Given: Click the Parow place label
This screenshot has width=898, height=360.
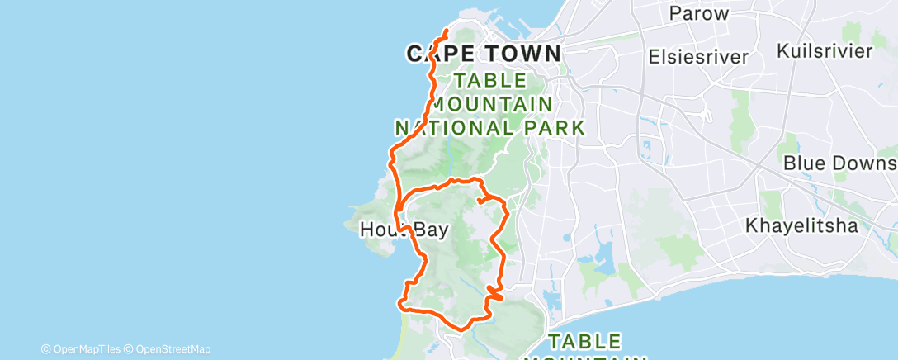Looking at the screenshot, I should [698, 13].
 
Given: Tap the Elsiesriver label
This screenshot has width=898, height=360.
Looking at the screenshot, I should [699, 57].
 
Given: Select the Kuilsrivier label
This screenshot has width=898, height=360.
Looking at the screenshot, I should [825, 51].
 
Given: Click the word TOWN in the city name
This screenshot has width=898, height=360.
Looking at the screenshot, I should [519, 54].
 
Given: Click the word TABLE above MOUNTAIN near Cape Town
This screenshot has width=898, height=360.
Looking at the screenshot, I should [489, 81].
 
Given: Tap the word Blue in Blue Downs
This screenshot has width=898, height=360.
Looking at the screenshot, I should [805, 163].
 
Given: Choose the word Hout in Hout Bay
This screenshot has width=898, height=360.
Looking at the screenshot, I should [381, 230].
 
